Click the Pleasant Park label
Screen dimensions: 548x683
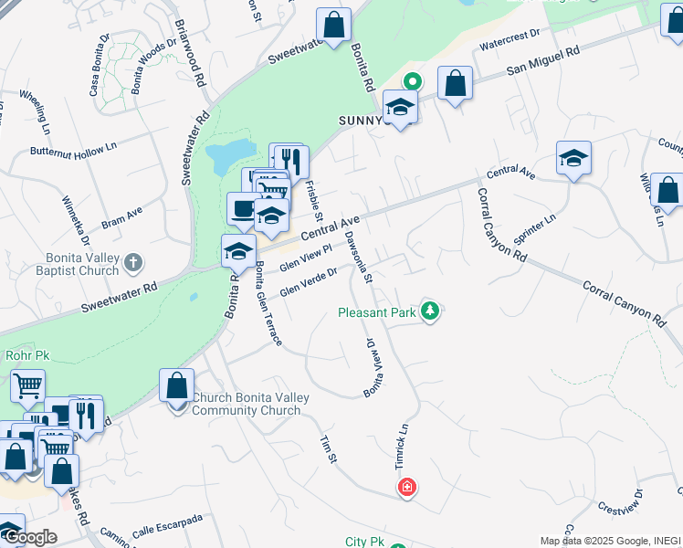[377, 312]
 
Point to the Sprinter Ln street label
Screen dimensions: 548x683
[535, 229]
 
